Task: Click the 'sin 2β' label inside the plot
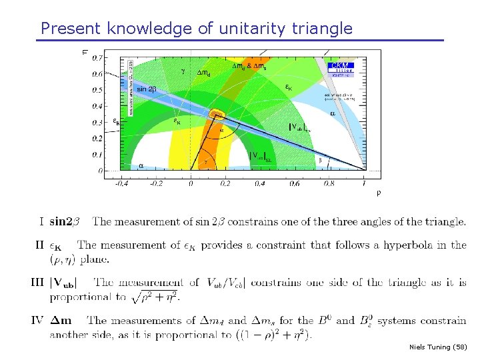click(146, 89)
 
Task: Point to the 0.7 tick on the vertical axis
click(97, 58)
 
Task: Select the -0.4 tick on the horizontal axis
click(121, 183)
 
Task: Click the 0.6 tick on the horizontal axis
click(294, 183)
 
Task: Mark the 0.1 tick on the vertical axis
click(97, 155)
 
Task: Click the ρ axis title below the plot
click(379, 193)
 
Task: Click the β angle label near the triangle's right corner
click(320, 160)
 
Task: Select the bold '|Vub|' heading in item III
click(67, 282)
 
